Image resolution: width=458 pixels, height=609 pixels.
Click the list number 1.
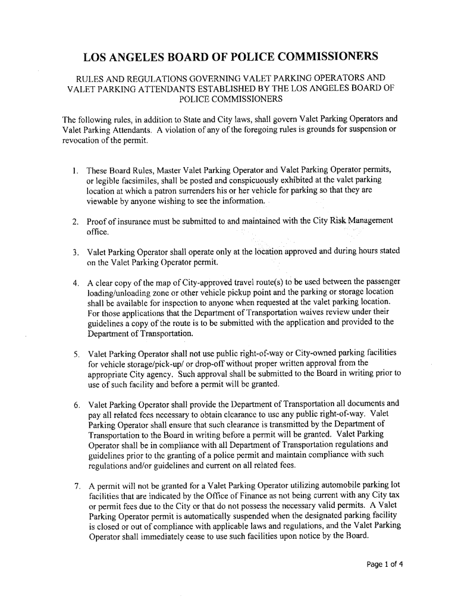pyautogui.click(x=75, y=171)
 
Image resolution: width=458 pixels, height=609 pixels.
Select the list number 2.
pyautogui.click(x=75, y=222)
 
